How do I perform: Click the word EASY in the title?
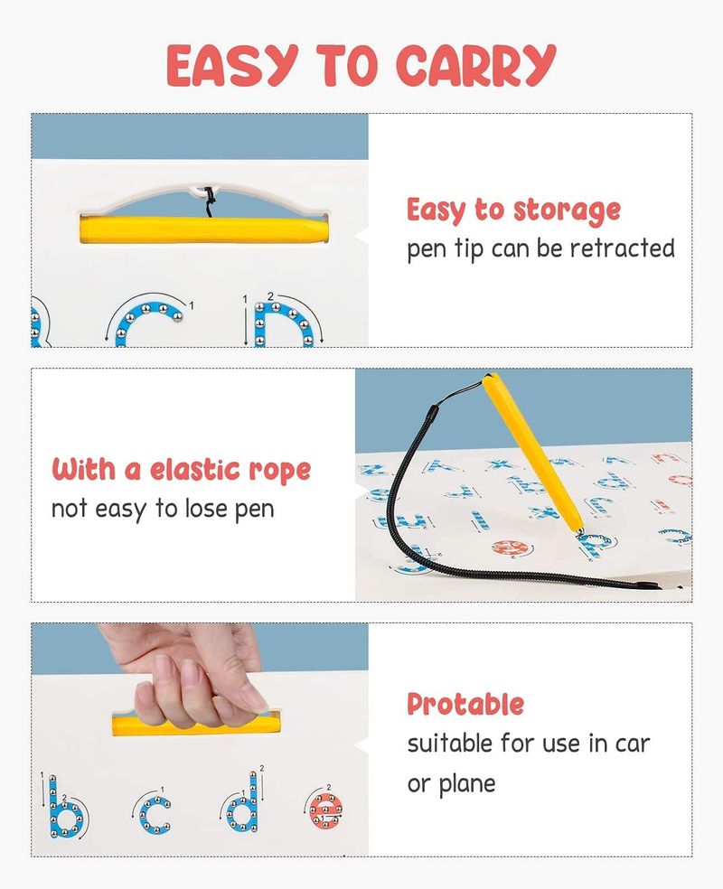[232, 65]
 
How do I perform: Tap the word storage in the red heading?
[567, 211]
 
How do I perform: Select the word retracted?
[622, 248]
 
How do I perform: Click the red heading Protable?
[465, 704]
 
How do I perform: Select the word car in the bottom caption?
[632, 744]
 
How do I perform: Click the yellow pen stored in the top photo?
[204, 230]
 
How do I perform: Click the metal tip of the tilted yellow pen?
[580, 531]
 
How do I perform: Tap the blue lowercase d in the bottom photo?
[244, 803]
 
